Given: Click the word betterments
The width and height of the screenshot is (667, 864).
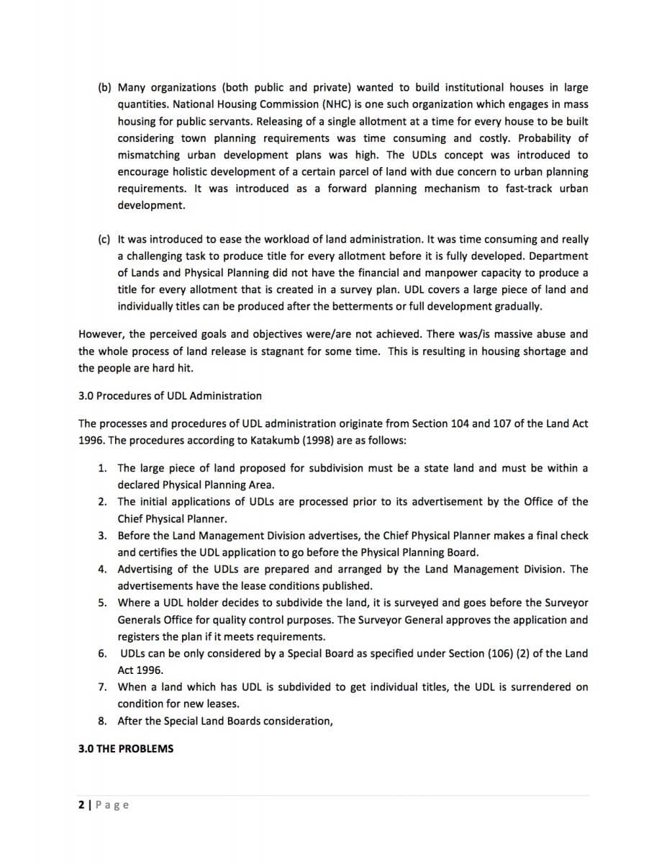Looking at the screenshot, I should click(x=386, y=307).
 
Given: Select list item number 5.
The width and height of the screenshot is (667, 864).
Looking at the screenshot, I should click(x=103, y=603).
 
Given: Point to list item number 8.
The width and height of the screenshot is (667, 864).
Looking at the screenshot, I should click(x=103, y=721).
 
